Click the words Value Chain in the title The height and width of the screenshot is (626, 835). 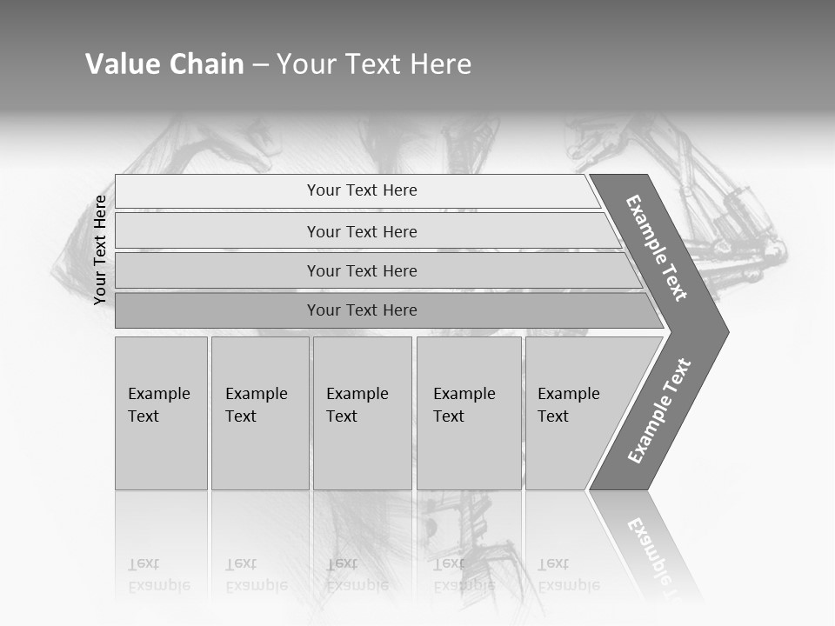pyautogui.click(x=164, y=64)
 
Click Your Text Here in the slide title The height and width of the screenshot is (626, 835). pyautogui.click(x=374, y=64)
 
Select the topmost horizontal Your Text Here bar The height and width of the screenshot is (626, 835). pyautogui.click(x=361, y=190)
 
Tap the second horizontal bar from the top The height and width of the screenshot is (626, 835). pyautogui.click(x=361, y=231)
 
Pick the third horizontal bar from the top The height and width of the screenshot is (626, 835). pyautogui.click(x=361, y=270)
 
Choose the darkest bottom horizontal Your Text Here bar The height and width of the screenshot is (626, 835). pyautogui.click(x=361, y=310)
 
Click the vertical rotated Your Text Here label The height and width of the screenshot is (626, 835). pyautogui.click(x=100, y=250)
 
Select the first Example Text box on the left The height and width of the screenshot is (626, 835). pyautogui.click(x=161, y=412)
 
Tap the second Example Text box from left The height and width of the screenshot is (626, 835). pyautogui.click(x=259, y=412)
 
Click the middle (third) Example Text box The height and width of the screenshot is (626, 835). pyautogui.click(x=361, y=412)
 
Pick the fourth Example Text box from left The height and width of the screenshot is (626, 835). pyautogui.click(x=468, y=412)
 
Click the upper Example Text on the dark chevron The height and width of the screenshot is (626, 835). pyautogui.click(x=657, y=248)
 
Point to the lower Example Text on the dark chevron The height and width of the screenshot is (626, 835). pyautogui.click(x=659, y=411)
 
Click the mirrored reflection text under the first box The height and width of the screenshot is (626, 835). pyautogui.click(x=158, y=575)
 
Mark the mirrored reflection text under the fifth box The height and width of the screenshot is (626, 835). pyautogui.click(x=568, y=575)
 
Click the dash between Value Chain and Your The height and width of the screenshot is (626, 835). pyautogui.click(x=260, y=65)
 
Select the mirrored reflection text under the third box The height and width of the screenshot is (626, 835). pyautogui.click(x=357, y=575)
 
